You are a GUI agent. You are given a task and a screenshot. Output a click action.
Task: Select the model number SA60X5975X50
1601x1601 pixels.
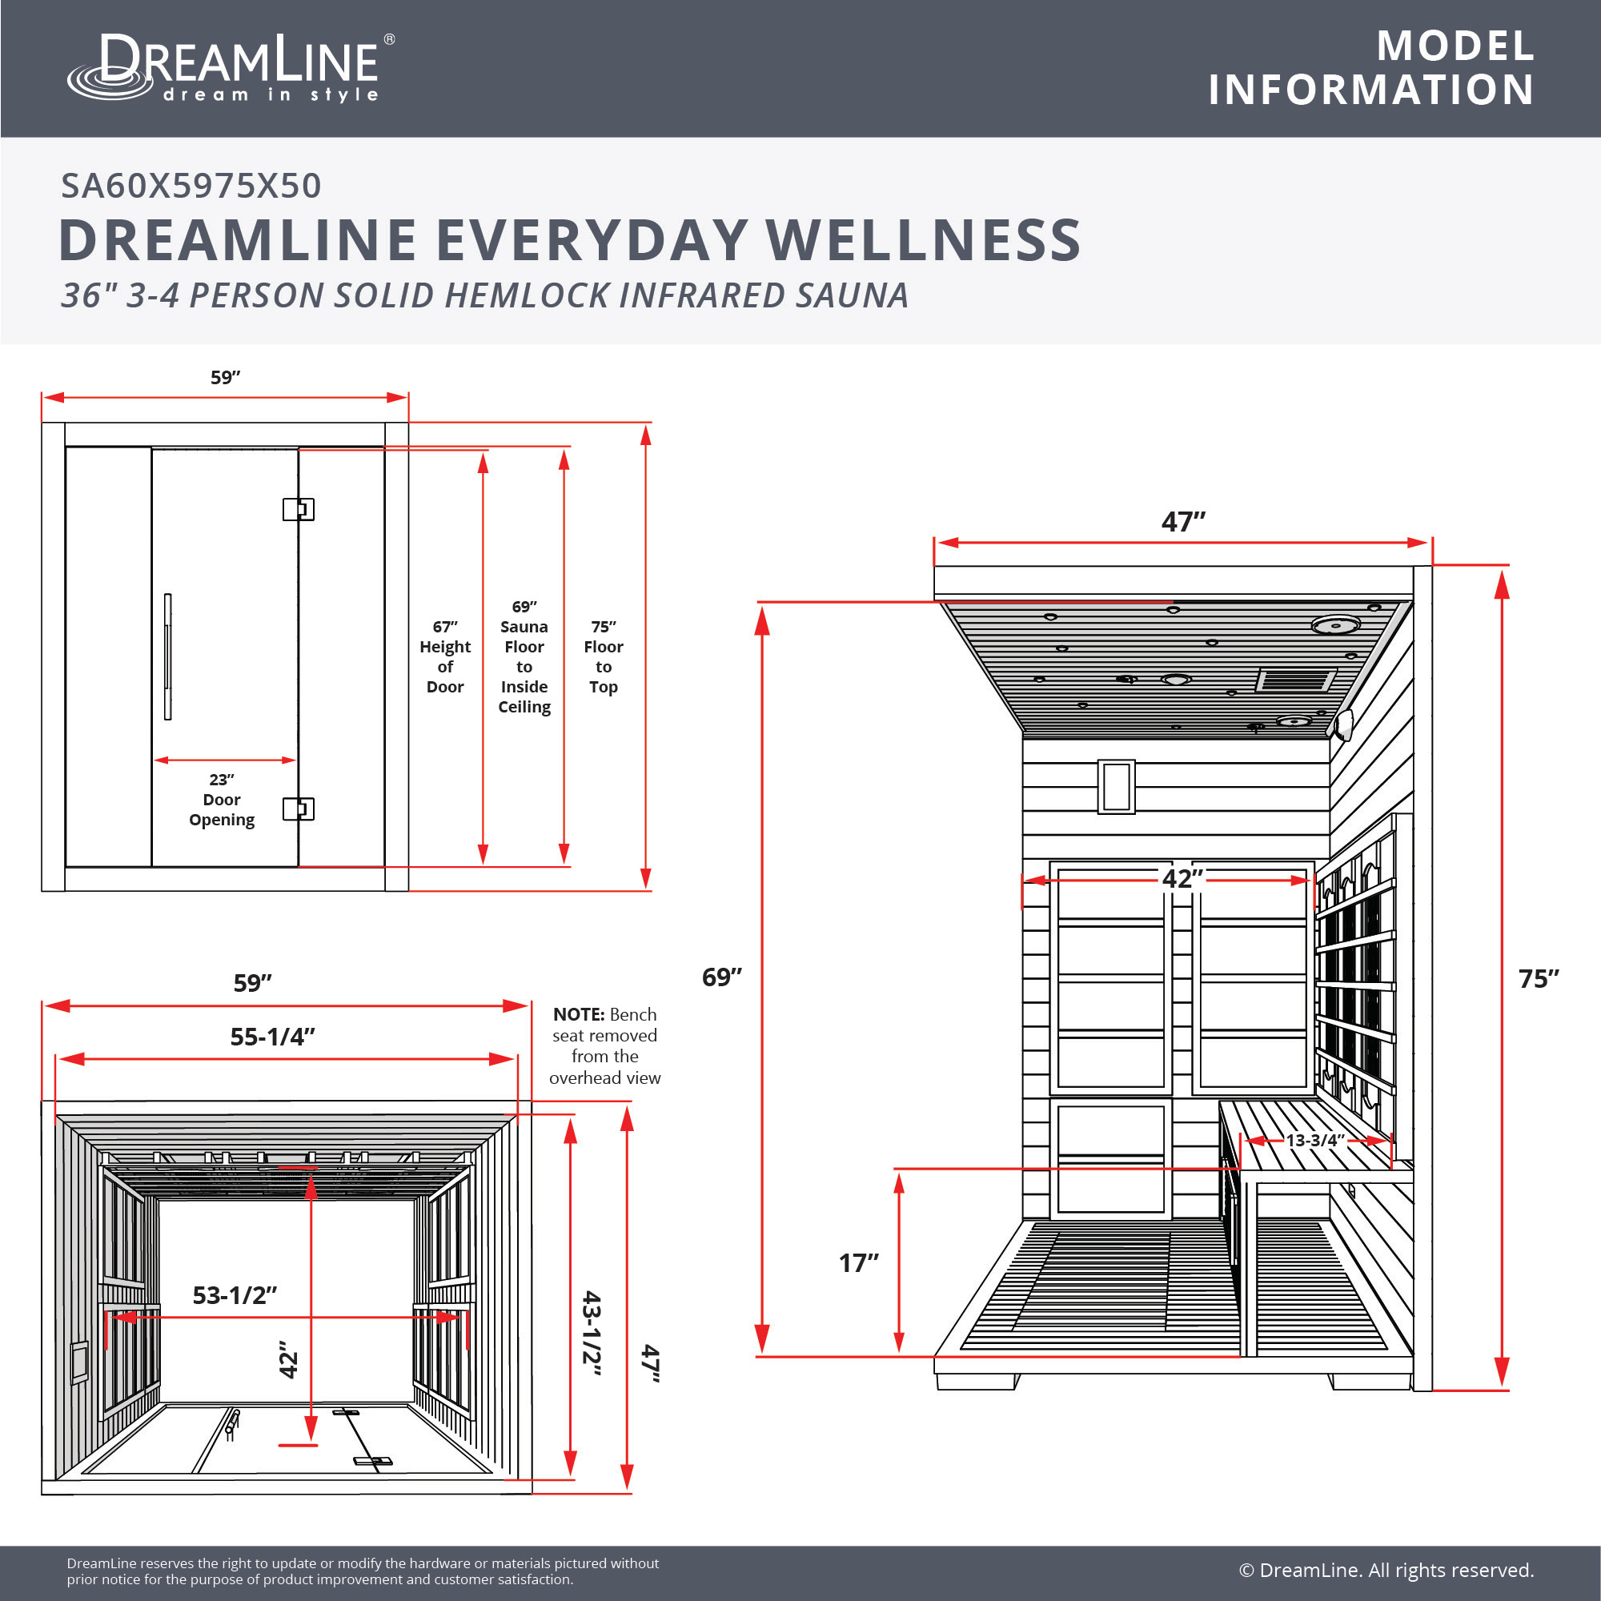click(191, 186)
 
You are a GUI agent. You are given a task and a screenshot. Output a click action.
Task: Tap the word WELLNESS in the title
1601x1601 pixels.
click(923, 240)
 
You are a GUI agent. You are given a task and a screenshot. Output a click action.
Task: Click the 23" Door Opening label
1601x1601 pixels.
click(222, 800)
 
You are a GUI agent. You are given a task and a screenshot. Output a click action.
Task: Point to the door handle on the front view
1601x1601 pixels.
click(167, 656)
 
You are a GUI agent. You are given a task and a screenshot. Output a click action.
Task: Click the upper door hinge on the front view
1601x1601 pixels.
click(299, 509)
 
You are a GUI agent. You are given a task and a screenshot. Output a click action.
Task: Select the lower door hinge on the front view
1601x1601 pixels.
click(299, 809)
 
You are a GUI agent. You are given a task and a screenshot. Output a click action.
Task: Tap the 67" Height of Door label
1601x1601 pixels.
click(445, 656)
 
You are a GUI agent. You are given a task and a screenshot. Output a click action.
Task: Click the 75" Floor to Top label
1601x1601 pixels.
click(604, 656)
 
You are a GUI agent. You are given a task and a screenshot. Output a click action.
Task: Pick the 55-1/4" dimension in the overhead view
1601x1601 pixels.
click(273, 1037)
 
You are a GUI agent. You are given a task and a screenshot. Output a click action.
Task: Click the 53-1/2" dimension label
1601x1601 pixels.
click(235, 1295)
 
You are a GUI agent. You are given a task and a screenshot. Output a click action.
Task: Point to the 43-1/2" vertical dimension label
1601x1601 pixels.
click(592, 1333)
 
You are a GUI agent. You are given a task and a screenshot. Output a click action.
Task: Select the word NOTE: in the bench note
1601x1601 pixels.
click(579, 1014)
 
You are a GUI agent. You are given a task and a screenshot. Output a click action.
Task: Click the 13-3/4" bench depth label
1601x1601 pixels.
click(1314, 1140)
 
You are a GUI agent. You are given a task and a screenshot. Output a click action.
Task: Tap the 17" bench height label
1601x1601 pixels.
click(857, 1263)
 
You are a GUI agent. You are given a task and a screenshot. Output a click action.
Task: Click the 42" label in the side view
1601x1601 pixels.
click(1182, 878)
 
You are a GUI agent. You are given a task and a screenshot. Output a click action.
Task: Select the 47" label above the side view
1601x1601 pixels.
click(1183, 522)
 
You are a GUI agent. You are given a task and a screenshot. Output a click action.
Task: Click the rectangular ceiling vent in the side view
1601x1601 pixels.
click(1295, 680)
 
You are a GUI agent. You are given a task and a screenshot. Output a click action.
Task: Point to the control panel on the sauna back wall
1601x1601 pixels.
click(1116, 785)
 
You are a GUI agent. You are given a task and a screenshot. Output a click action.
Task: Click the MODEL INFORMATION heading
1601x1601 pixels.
click(1371, 68)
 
